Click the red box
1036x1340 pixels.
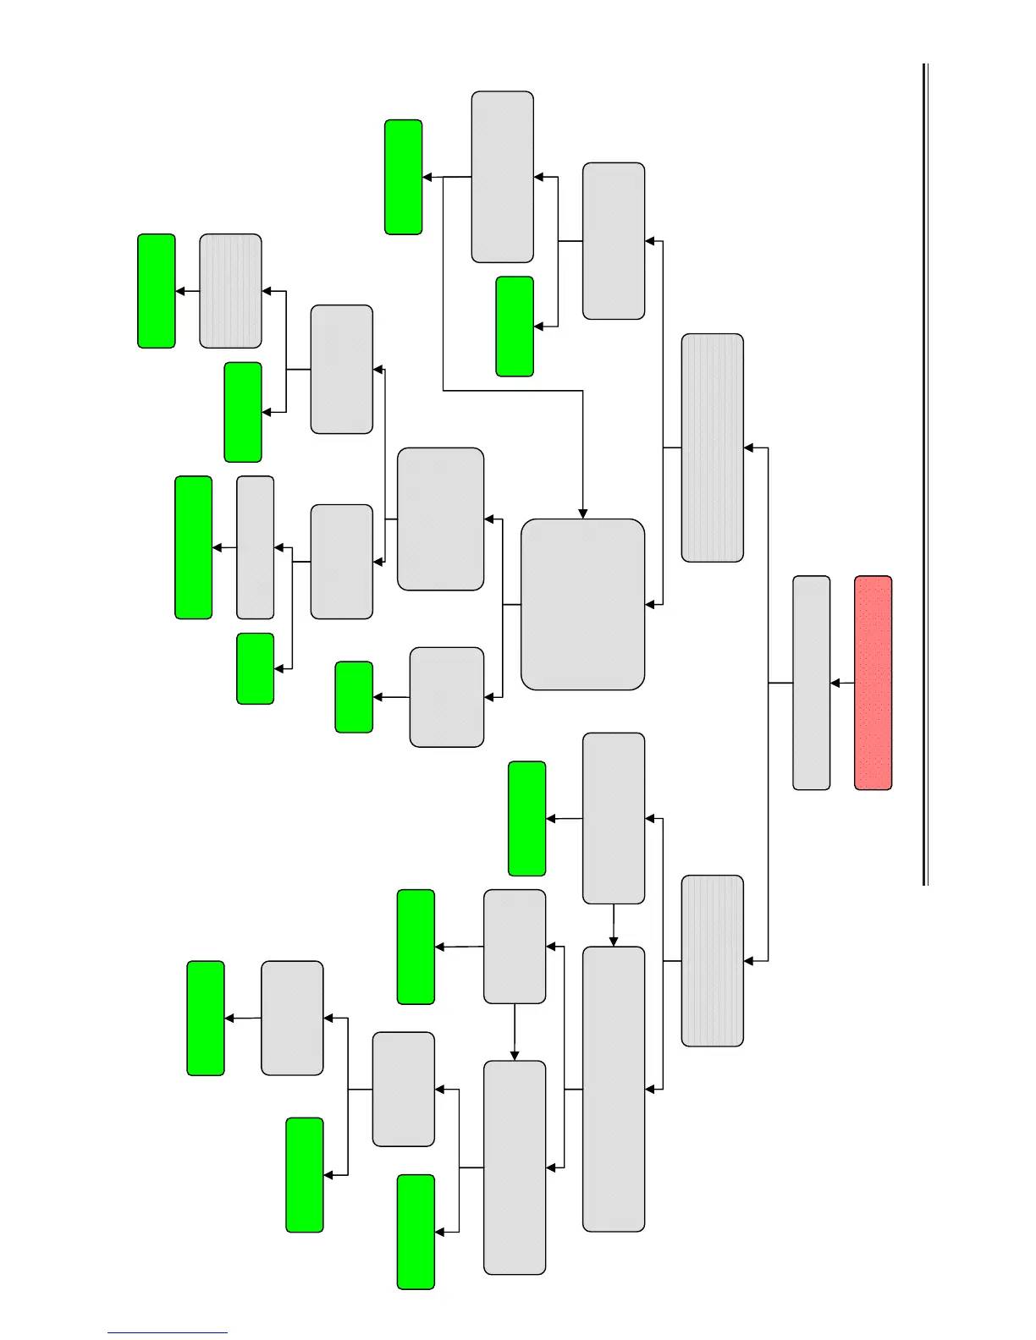[x=873, y=683]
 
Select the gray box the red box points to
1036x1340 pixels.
[x=811, y=683]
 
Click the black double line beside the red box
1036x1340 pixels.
[x=925, y=474]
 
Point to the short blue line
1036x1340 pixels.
[x=167, y=1332]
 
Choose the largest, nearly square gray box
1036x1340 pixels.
[x=582, y=604]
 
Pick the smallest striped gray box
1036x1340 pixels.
[x=230, y=291]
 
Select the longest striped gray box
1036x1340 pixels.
[x=712, y=448]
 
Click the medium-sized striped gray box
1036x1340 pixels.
[x=712, y=960]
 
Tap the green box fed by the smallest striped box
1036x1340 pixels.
[x=157, y=291]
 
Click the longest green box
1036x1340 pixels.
[x=193, y=547]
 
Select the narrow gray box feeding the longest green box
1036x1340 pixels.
[x=255, y=547]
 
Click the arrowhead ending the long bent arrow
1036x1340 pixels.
[x=582, y=513]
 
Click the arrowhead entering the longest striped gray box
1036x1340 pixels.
[x=749, y=448]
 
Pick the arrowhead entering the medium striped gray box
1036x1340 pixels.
[x=749, y=960]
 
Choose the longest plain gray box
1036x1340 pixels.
[x=613, y=1089]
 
